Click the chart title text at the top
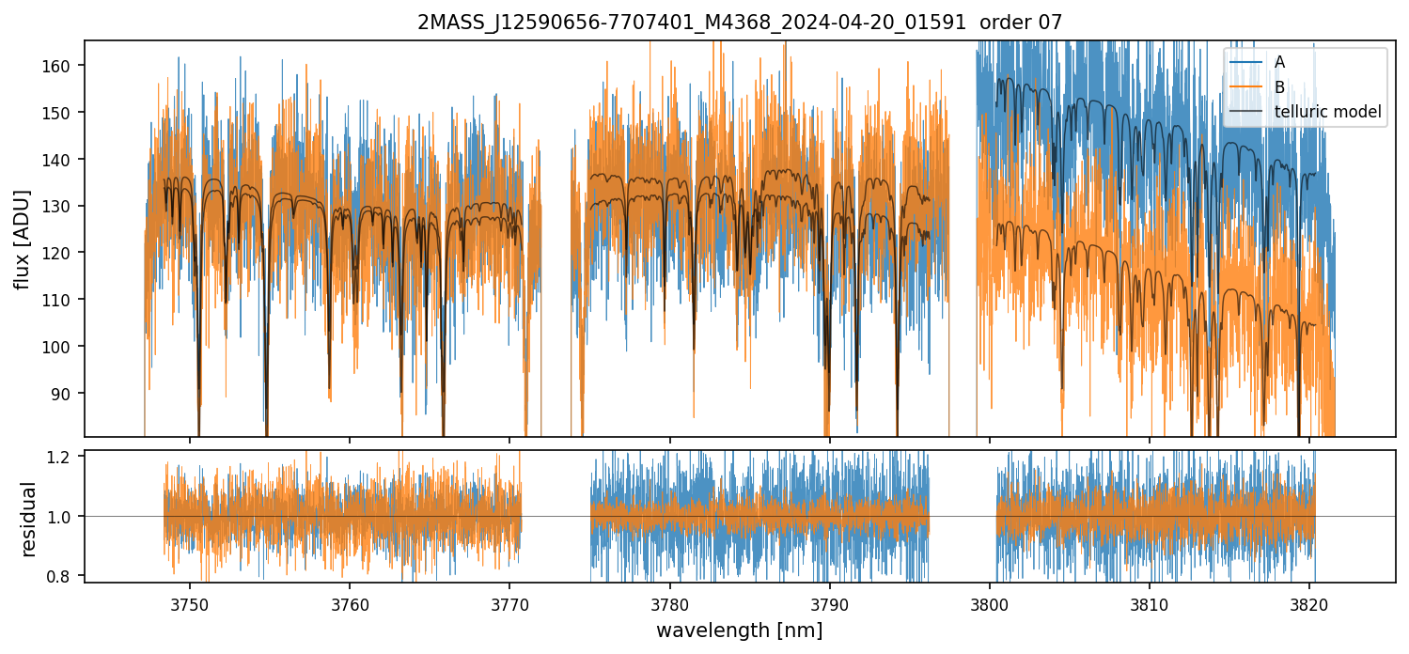[740, 23]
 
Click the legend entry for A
[1279, 62]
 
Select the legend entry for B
[1279, 87]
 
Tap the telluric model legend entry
[1327, 113]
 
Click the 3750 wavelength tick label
[190, 604]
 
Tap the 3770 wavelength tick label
[509, 604]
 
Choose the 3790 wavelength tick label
[829, 604]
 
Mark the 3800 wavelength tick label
[989, 604]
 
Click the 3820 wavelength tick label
[1308, 604]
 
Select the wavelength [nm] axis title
[740, 630]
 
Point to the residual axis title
[29, 519]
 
